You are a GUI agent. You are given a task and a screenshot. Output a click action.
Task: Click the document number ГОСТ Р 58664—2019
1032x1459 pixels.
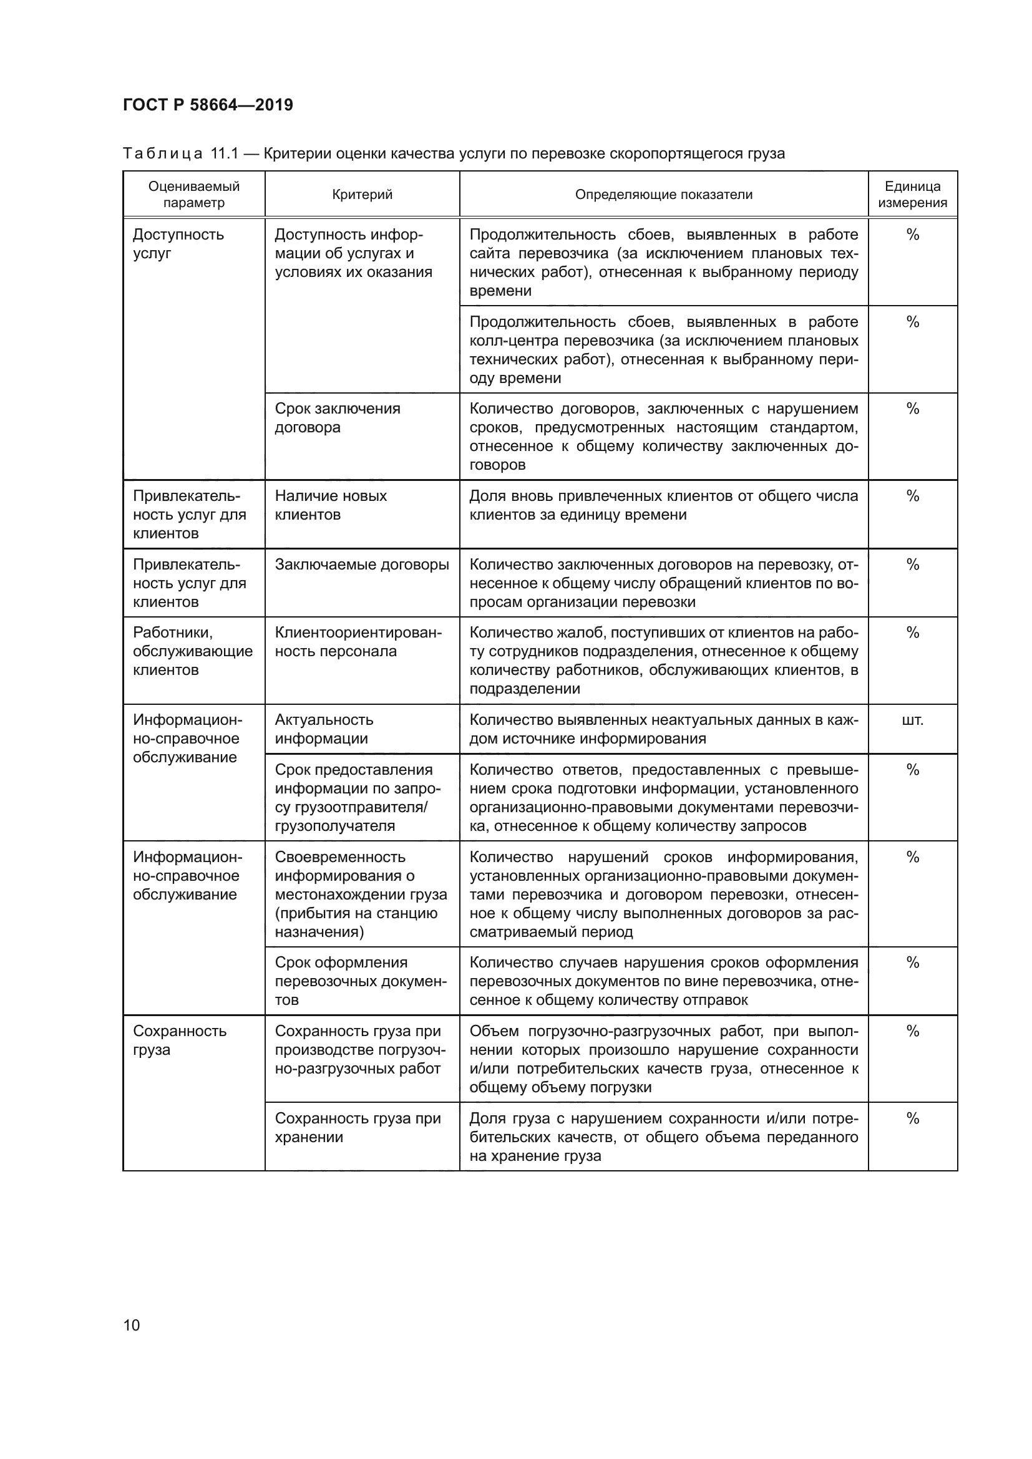pyautogui.click(x=208, y=105)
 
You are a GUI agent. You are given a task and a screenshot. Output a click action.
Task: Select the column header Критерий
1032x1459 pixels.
pyautogui.click(x=362, y=195)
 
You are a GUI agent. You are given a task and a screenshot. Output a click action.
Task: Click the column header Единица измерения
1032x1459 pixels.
pyautogui.click(x=912, y=195)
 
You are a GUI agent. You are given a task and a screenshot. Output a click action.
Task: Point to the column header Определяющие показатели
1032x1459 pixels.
pyautogui.click(x=663, y=195)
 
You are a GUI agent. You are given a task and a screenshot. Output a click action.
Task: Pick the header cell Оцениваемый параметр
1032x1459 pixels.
pyautogui.click(x=194, y=195)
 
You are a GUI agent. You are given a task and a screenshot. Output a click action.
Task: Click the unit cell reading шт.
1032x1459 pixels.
pyautogui.click(x=912, y=720)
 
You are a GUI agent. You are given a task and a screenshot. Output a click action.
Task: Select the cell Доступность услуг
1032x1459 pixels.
pyautogui.click(x=178, y=244)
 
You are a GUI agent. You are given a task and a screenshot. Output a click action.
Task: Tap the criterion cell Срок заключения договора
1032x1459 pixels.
pyautogui.click(x=338, y=417)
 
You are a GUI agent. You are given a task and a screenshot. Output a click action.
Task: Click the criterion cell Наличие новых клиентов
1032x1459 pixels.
pyautogui.click(x=331, y=505)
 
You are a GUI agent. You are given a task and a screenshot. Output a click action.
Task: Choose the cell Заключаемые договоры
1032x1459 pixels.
pyautogui.click(x=362, y=565)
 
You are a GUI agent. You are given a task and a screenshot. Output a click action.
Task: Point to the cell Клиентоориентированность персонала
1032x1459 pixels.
pyautogui.click(x=358, y=642)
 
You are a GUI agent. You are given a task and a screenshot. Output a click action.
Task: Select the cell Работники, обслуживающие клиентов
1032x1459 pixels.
pyautogui.click(x=192, y=651)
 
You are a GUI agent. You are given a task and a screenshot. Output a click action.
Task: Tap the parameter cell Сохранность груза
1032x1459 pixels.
pyautogui.click(x=179, y=1040)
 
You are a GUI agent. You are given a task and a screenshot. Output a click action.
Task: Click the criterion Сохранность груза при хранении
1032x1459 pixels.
pyautogui.click(x=357, y=1127)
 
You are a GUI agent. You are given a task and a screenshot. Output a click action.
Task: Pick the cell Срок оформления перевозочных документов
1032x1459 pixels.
pyautogui.click(x=360, y=981)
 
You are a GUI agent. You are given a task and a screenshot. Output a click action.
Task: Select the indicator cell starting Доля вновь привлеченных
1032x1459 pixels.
pyautogui.click(x=663, y=505)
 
